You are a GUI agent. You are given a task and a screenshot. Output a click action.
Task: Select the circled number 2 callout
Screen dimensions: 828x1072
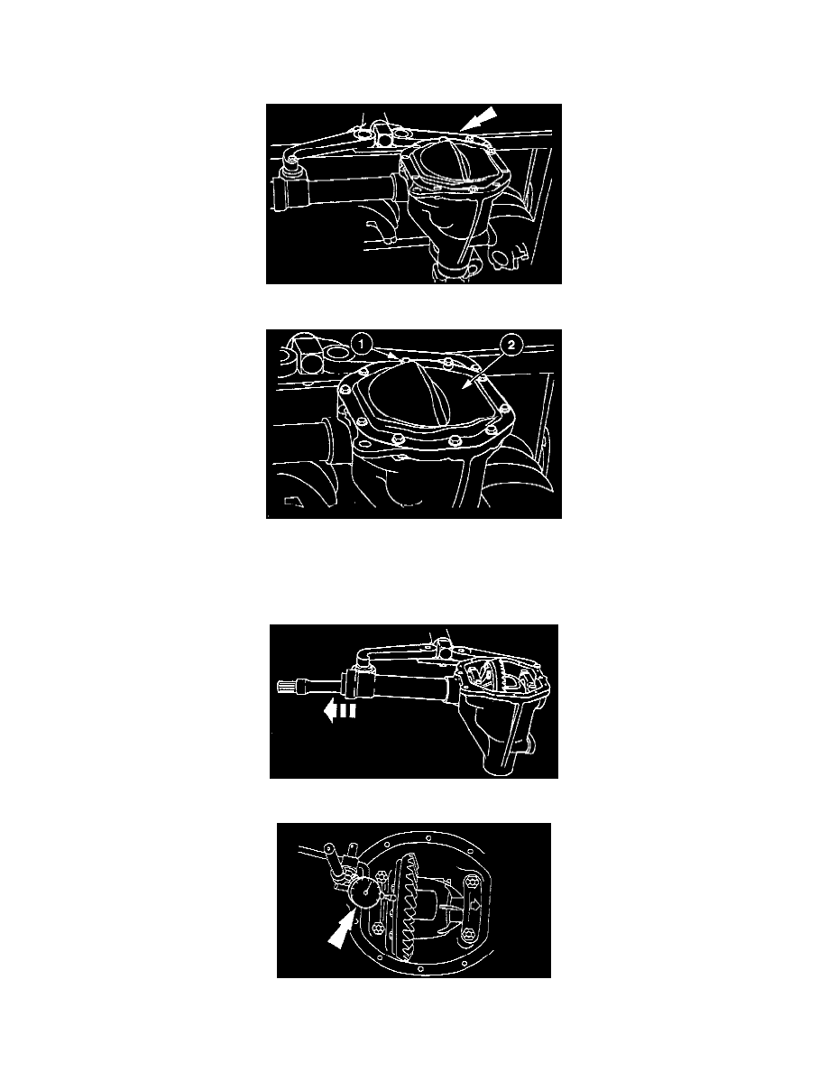(511, 346)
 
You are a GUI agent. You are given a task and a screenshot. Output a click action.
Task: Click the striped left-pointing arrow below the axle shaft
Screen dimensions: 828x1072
(339, 712)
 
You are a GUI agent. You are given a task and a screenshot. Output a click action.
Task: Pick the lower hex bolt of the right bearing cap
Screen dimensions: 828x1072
(468, 934)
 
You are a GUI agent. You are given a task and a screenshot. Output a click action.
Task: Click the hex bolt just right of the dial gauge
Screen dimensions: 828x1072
(381, 877)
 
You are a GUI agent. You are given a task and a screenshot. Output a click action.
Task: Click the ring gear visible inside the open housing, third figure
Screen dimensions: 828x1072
(507, 676)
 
